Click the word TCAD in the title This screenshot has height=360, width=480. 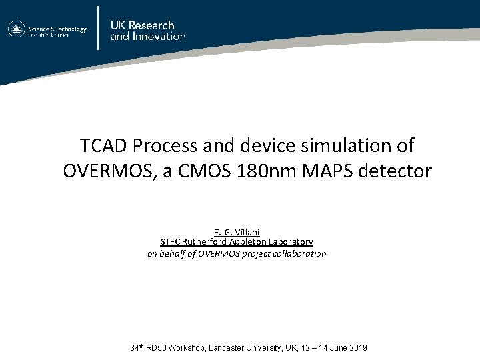(103, 145)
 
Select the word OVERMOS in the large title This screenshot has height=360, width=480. (108, 171)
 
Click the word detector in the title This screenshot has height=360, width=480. (395, 171)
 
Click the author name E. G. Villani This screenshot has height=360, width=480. (237, 232)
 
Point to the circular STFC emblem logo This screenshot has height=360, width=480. (17, 29)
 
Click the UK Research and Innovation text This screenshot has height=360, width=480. (148, 31)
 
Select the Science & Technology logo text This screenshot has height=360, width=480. (57, 31)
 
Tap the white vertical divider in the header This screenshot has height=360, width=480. (98, 28)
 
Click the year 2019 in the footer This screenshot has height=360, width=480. (358, 348)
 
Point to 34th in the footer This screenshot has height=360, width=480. (137, 347)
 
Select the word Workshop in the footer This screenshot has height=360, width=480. (187, 348)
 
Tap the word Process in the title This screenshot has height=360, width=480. (165, 145)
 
